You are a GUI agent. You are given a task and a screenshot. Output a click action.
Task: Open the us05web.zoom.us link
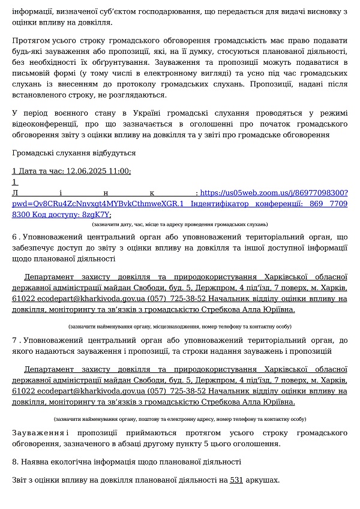pos(274,193)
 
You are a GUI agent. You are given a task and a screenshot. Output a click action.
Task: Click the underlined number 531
pos(236,480)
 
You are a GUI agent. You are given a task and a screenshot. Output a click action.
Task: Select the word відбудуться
pos(112,153)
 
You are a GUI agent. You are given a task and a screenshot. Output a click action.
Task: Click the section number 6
pos(14,237)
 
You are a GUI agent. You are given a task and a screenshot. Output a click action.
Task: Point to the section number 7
pos(14,340)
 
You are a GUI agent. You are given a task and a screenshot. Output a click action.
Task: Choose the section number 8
pos(15,462)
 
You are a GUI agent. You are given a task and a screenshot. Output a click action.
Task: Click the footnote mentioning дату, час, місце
pos(179,224)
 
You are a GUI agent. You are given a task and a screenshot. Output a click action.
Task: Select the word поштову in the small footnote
pos(152,419)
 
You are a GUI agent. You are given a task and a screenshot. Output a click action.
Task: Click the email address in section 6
pos(86,299)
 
